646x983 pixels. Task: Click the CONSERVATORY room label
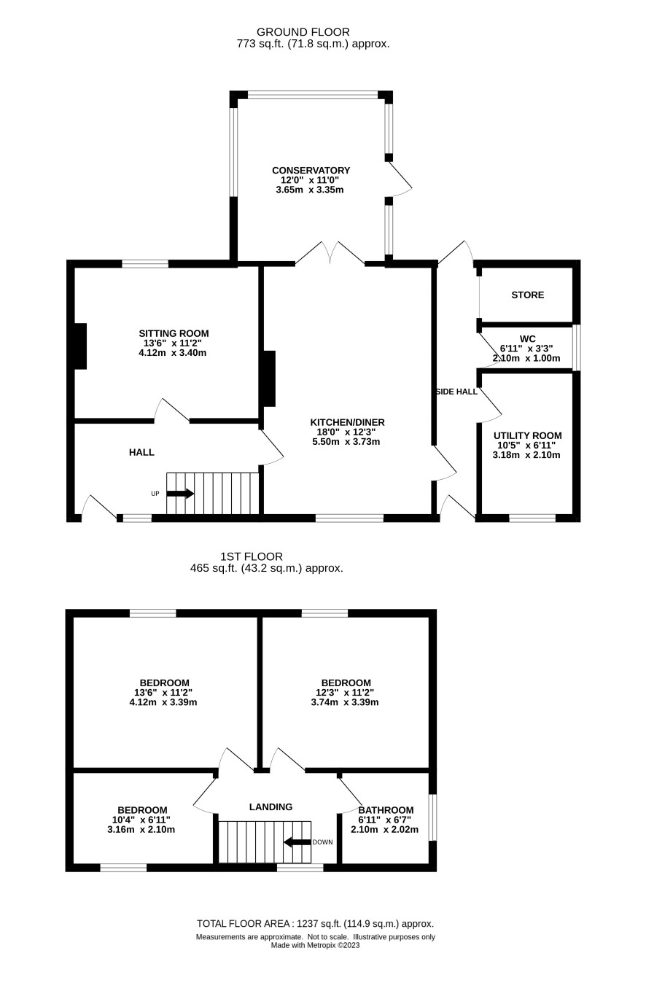311,170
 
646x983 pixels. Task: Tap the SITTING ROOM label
174,333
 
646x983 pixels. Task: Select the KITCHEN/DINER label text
347,423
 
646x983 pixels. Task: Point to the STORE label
527,295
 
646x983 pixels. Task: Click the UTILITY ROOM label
527,436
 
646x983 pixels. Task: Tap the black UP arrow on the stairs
180,494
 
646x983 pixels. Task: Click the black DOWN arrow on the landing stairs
297,842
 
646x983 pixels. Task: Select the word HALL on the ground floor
141,452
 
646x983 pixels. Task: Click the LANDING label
271,807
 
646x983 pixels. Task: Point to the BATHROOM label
386,810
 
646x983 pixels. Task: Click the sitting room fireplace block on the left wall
80,346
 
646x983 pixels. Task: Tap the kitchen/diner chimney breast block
269,378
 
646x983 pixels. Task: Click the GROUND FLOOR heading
303,32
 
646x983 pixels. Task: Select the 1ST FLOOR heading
252,557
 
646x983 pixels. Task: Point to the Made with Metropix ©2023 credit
315,945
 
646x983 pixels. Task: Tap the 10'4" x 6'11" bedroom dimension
141,820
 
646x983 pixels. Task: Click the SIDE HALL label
456,392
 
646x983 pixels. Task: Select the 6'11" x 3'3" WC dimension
526,349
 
